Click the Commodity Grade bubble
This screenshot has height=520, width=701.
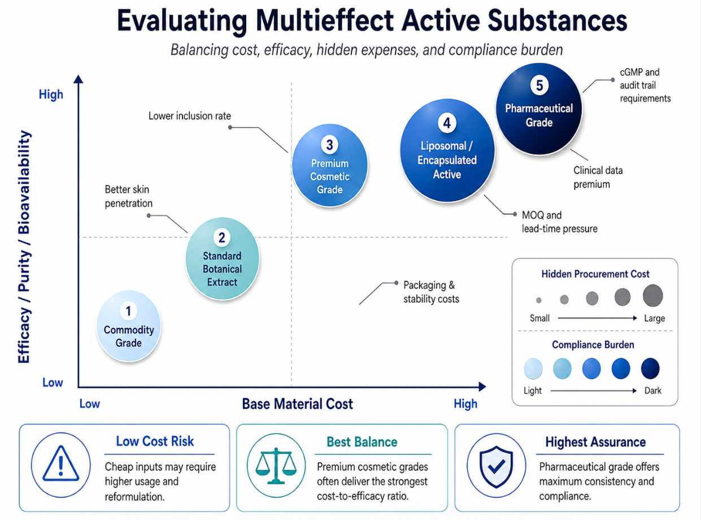click(x=129, y=326)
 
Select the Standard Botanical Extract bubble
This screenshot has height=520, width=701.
click(x=222, y=258)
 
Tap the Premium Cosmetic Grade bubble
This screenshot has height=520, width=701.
click(x=330, y=165)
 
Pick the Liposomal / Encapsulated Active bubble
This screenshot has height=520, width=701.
click(x=447, y=150)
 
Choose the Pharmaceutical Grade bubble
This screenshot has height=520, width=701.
click(x=539, y=109)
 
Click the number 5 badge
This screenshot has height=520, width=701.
click(x=539, y=85)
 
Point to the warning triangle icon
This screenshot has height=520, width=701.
click(x=60, y=463)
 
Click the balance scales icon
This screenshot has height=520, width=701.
click(x=276, y=466)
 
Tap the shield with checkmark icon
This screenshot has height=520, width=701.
click(x=496, y=466)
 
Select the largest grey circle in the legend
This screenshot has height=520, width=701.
click(x=652, y=296)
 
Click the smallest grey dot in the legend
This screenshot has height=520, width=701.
click(x=538, y=300)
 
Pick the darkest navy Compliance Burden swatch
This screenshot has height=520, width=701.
click(x=650, y=369)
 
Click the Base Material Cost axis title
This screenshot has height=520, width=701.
click(x=298, y=404)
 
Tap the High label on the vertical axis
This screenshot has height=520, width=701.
click(x=51, y=94)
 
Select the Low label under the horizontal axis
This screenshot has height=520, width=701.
click(x=90, y=404)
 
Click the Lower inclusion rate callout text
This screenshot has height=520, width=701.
click(x=190, y=116)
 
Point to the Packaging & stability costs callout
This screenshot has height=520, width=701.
click(x=431, y=292)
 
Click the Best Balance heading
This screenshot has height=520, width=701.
click(x=362, y=442)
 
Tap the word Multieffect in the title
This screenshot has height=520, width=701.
click(x=325, y=21)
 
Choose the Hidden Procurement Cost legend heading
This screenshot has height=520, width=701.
click(x=595, y=274)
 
